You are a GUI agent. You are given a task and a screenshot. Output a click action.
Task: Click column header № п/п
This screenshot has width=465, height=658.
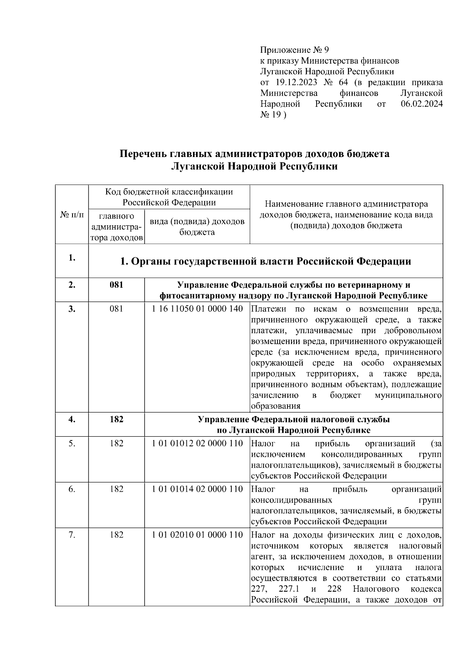72,214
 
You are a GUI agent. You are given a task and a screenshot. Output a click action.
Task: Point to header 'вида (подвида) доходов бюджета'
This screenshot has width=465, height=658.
197,226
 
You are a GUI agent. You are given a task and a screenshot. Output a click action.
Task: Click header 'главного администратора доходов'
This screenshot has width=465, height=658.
116,226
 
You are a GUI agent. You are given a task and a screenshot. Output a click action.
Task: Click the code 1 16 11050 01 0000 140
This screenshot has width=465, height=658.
197,309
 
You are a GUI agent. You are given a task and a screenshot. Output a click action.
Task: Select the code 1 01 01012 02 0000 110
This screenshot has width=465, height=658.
197,443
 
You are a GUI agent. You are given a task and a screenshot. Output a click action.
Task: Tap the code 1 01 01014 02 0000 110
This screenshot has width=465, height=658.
197,489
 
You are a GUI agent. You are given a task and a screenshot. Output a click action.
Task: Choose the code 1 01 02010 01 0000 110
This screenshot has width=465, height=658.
197,535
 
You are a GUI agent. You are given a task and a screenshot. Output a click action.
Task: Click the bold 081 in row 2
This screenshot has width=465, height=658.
116,285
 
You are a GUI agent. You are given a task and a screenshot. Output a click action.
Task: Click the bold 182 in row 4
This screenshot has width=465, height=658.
116,419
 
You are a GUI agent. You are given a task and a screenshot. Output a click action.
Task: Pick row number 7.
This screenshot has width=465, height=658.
72,535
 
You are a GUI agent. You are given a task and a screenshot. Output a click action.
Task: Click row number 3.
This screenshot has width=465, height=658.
72,309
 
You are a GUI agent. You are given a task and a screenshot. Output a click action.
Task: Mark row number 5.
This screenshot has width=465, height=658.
72,443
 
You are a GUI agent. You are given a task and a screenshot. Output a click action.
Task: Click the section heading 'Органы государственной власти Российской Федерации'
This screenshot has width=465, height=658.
265,261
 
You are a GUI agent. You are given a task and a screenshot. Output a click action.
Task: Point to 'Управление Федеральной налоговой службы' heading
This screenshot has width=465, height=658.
293,419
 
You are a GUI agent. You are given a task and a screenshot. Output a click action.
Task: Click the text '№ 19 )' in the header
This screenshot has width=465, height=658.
273,115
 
